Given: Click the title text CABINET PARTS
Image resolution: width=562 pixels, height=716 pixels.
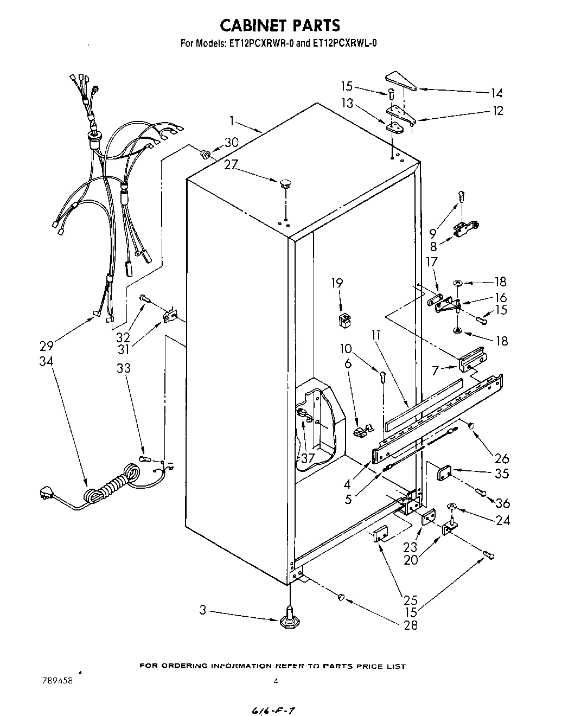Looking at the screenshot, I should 280,25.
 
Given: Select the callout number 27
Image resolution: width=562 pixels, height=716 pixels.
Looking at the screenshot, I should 231,164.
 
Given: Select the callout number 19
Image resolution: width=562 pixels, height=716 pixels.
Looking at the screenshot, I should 337,283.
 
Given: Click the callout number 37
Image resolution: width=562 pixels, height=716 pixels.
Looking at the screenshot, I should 308,458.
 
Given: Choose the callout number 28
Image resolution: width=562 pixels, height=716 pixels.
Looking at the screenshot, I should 411,625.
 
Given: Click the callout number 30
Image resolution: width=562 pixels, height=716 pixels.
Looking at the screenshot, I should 231,143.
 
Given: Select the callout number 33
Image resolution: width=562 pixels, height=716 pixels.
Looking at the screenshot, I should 124,367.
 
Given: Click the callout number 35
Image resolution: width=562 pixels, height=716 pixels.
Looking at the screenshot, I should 502,473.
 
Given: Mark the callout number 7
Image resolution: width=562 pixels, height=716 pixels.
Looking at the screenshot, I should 435,370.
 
